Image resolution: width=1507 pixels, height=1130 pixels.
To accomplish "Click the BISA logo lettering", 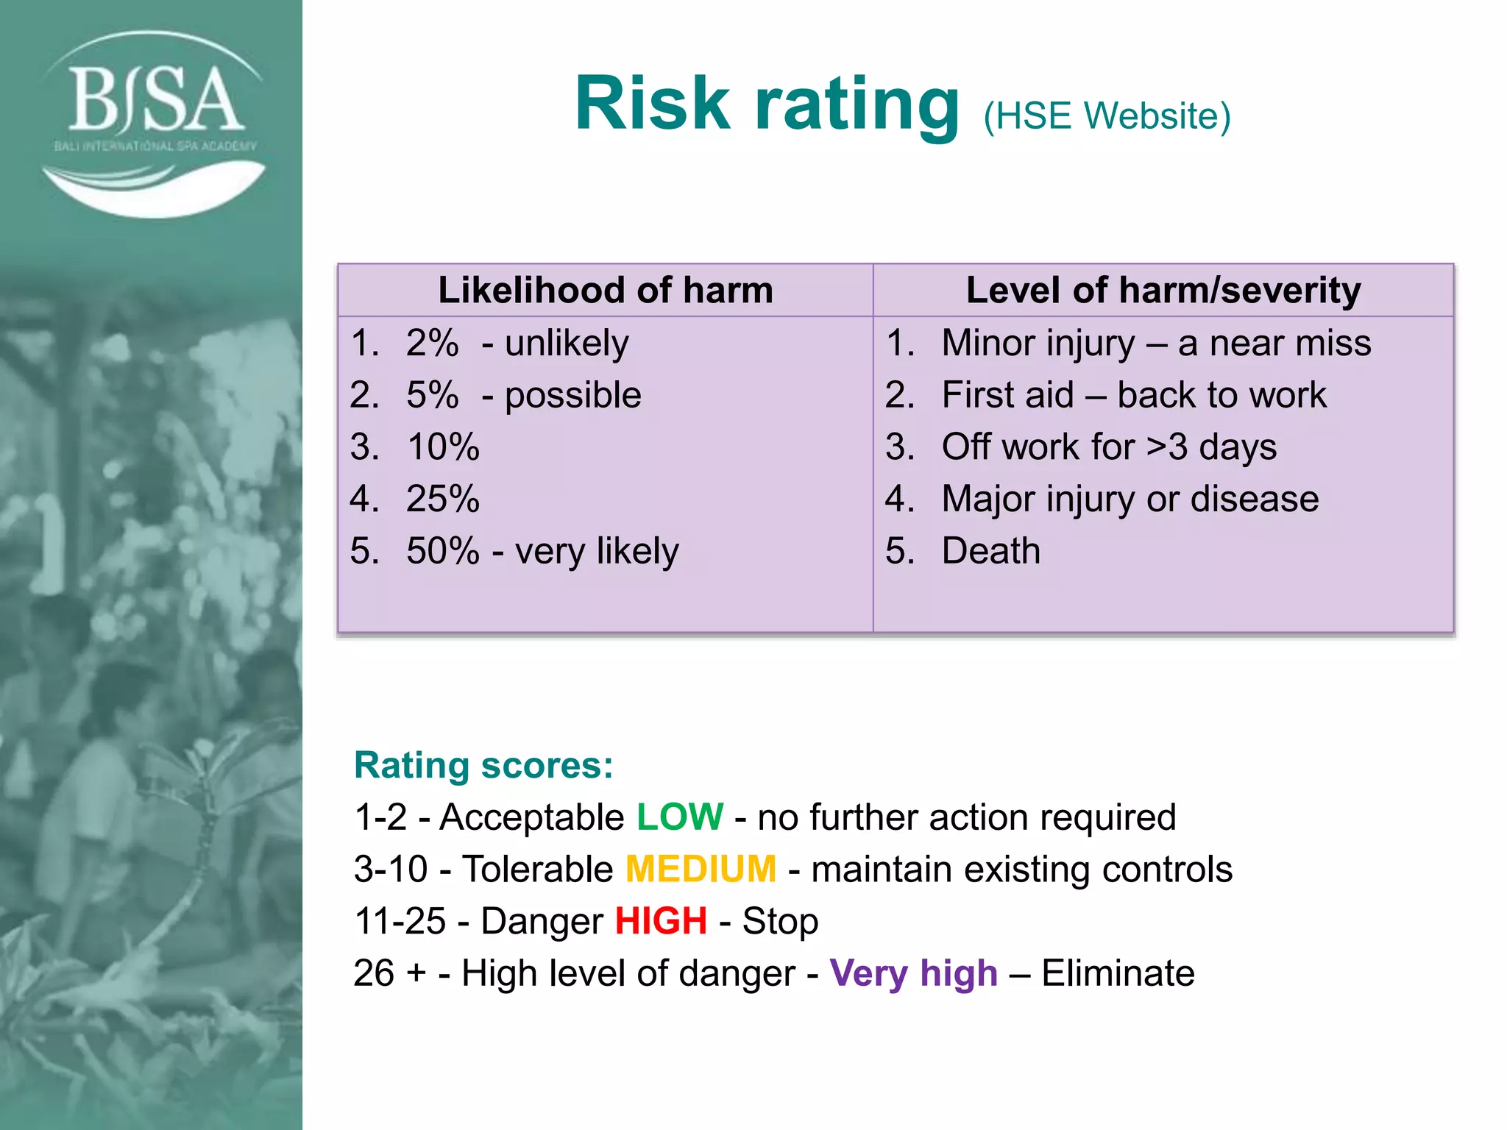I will (155, 99).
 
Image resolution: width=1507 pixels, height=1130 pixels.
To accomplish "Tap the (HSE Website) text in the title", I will (1107, 116).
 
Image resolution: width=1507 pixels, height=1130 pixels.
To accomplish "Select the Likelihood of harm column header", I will (606, 290).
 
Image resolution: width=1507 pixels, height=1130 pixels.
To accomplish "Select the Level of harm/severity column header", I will (1163, 290).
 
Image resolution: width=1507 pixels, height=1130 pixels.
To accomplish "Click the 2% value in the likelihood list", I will (432, 343).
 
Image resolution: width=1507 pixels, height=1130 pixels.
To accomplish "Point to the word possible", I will (572, 395).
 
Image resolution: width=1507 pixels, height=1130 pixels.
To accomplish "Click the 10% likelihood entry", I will (443, 447).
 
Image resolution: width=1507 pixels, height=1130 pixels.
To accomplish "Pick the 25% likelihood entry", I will (443, 499).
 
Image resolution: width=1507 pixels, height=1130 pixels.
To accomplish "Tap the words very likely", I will (597, 551).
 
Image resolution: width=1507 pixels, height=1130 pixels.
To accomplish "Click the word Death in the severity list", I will (991, 551).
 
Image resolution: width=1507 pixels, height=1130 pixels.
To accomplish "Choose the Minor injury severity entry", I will (1038, 343).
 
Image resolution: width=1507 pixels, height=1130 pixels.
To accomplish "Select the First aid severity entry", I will (1008, 395).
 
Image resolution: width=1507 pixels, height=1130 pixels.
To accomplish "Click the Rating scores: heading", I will (483, 765).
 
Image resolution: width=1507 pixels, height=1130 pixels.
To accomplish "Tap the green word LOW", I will (680, 817).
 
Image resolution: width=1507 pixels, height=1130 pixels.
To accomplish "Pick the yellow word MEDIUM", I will (701, 869).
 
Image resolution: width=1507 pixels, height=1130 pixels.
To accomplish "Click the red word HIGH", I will (661, 921).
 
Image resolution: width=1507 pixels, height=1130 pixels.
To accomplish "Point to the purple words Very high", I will (914, 973).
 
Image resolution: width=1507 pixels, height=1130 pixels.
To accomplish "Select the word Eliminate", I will (1118, 973).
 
